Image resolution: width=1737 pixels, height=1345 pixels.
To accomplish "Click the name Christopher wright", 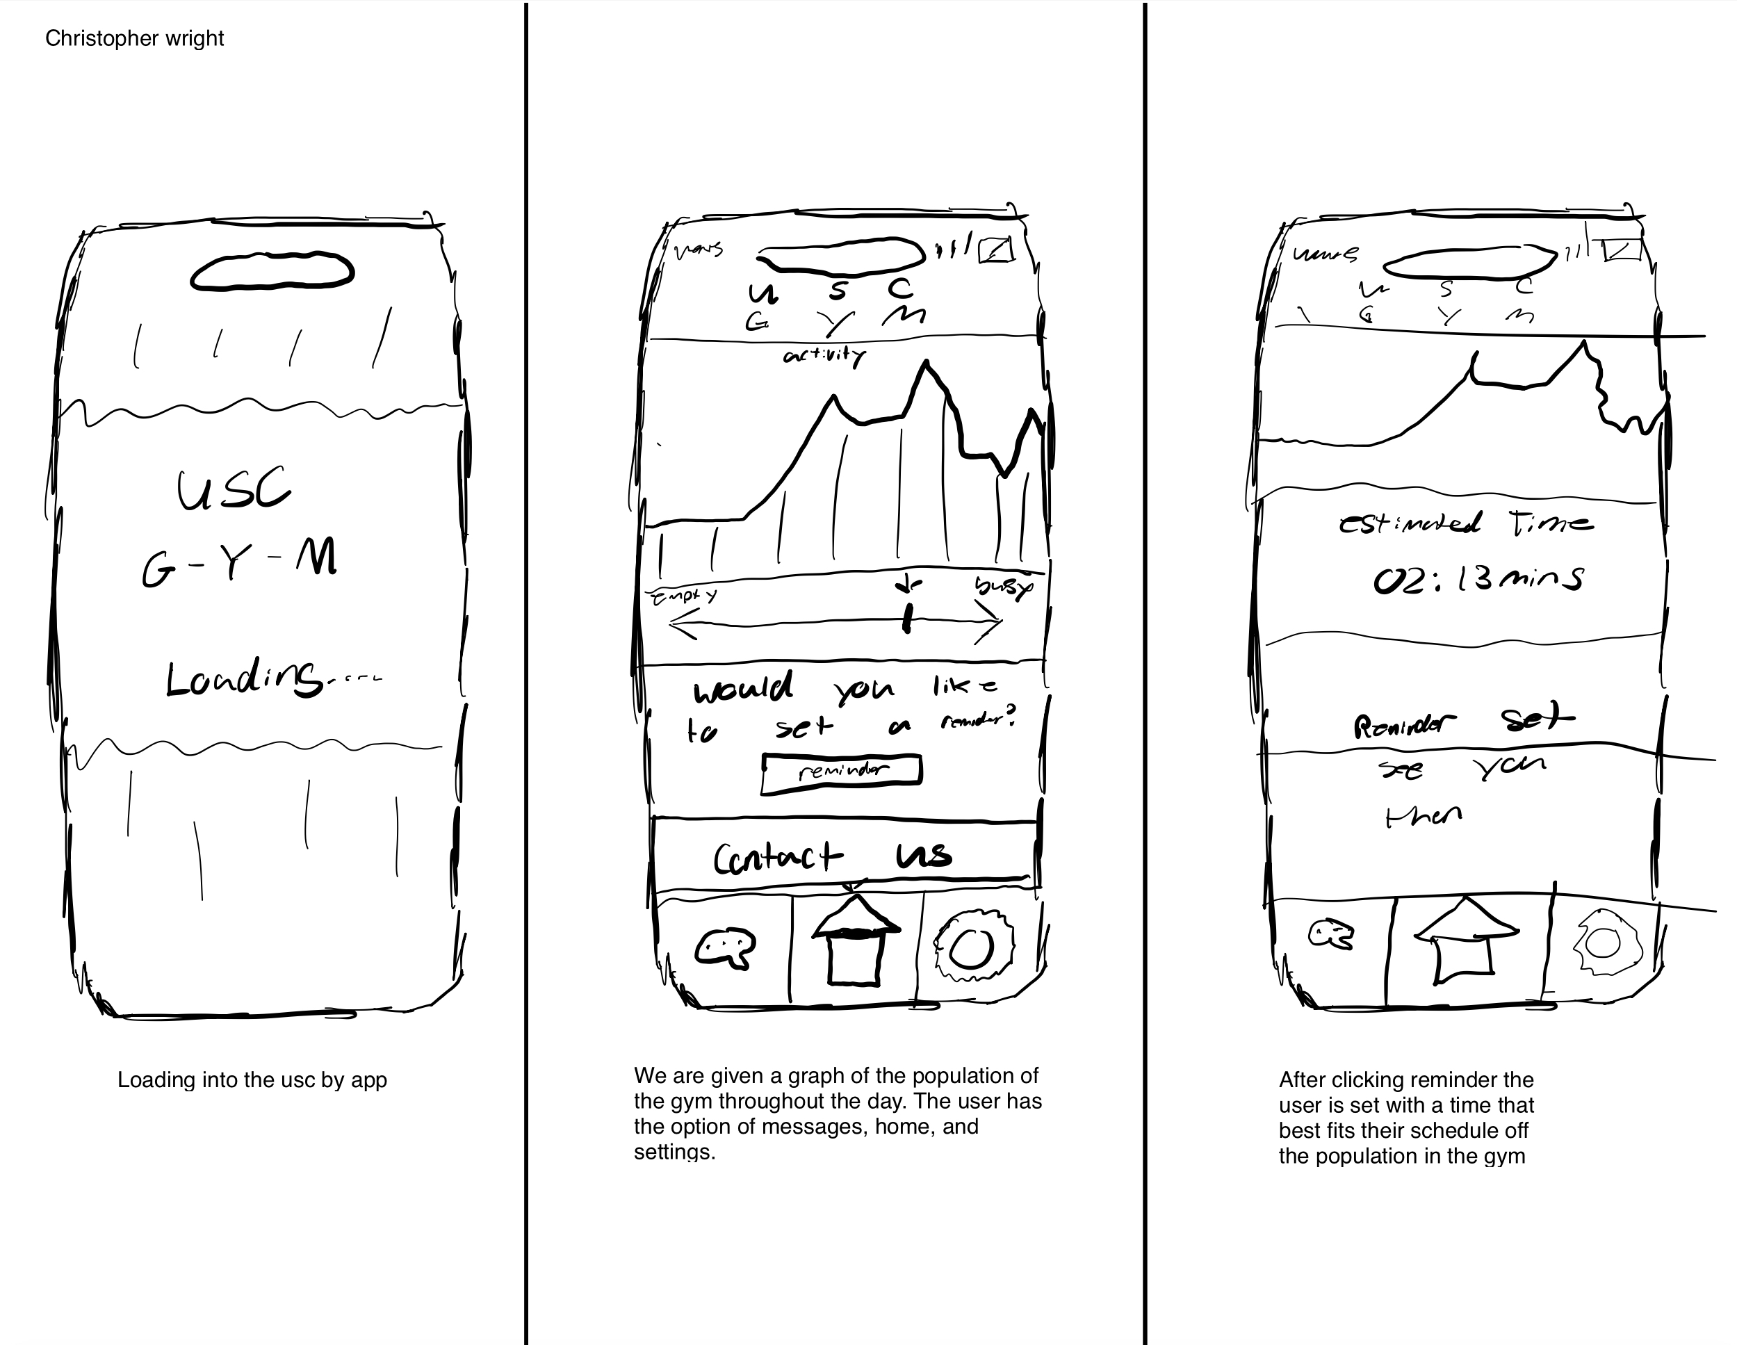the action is pos(134,38).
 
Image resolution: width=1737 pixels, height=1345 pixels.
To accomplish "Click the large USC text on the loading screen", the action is pos(233,491).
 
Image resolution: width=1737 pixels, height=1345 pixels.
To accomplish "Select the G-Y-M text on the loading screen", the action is pos(239,562).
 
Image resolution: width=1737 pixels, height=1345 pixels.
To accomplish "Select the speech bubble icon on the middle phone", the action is pos(724,947).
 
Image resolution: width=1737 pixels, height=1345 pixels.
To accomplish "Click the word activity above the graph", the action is pos(824,357).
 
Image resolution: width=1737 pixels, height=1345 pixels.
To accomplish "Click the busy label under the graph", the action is pos(1003,587).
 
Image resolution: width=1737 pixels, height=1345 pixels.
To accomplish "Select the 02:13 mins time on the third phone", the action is pos(1478,579).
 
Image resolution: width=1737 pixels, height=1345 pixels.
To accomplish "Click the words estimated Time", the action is pos(1466,523).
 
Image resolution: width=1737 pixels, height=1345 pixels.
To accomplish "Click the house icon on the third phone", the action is pos(1466,943).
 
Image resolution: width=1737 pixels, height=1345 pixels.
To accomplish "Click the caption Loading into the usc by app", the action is pos(252,1080).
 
